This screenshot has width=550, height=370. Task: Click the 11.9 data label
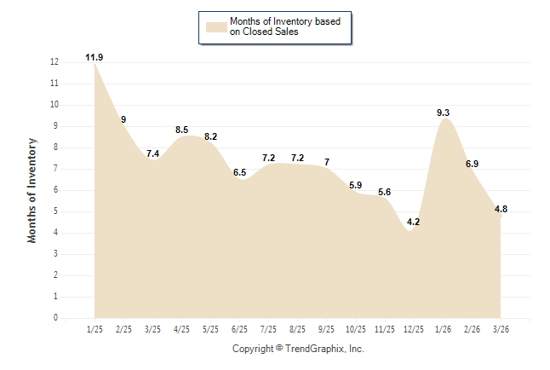point(95,57)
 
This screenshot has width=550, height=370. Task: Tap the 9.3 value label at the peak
point(443,113)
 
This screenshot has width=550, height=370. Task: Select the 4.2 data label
point(414,222)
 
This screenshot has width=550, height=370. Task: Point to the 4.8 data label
point(501,209)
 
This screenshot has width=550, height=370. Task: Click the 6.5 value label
point(239,172)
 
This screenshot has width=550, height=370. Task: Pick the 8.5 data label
point(181,130)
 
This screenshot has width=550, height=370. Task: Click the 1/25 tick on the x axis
point(95,328)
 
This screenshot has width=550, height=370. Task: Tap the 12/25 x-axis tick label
point(414,328)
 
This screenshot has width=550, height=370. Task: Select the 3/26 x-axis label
point(501,328)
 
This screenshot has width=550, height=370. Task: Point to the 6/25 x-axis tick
point(239,328)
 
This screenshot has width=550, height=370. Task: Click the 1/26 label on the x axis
point(443,328)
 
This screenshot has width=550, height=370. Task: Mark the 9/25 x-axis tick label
point(327,328)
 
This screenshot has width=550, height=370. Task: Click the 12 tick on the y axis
point(54,62)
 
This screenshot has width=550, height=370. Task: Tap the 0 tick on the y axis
point(56,318)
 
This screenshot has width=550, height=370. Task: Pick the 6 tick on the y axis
point(56,190)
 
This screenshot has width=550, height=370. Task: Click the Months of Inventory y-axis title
point(32,190)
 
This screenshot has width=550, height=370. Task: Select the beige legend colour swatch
point(215,26)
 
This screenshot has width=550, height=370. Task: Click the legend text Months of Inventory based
point(279,21)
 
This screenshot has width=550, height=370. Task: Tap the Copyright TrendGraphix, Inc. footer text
point(298,349)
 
